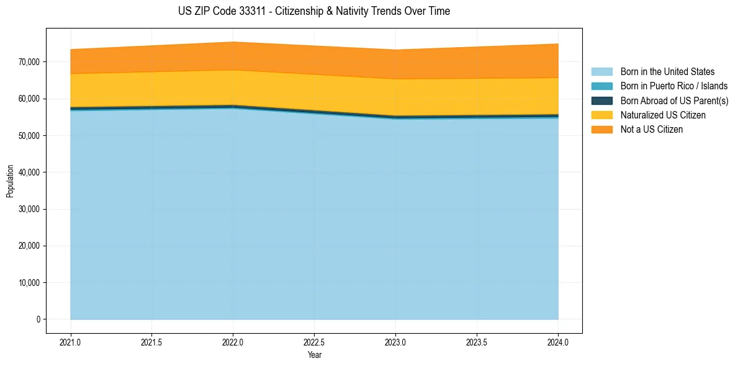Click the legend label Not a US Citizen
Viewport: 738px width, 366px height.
pyautogui.click(x=652, y=130)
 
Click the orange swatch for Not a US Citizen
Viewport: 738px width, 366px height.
pyautogui.click(x=601, y=130)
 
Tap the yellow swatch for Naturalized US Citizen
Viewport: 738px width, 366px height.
pyautogui.click(x=601, y=115)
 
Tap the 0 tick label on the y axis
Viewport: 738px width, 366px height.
pyautogui.click(x=37, y=319)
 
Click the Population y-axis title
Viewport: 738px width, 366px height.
pyautogui.click(x=10, y=181)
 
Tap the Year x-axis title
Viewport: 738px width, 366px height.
pyautogui.click(x=314, y=355)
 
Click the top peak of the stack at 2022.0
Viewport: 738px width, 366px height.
pyautogui.click(x=233, y=42)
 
